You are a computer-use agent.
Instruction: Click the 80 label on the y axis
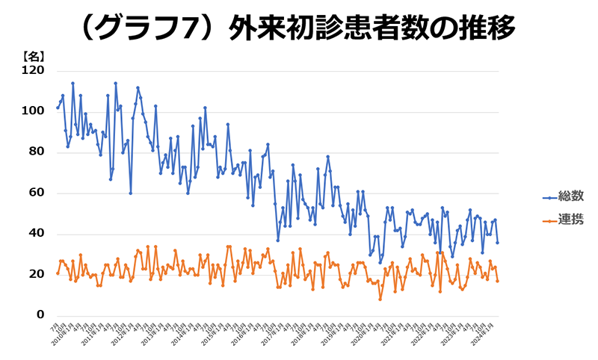point(37,152)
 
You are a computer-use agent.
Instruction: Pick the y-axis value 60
point(37,193)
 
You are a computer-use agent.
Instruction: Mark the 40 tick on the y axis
point(37,235)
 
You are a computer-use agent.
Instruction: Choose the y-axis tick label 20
point(37,275)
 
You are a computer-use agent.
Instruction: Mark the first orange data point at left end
point(58,273)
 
